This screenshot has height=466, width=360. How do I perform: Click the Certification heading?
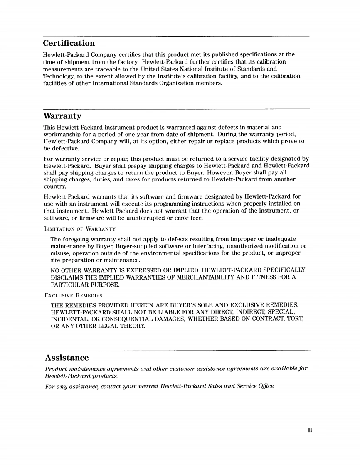[x=69, y=43]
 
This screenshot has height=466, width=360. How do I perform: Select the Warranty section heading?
[x=62, y=116]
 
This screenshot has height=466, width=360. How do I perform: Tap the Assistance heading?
[x=67, y=358]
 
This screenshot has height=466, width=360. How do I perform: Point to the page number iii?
[x=309, y=430]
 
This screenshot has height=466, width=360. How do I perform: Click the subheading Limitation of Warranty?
[x=80, y=229]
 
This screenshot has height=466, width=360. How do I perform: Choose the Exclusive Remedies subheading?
[x=73, y=295]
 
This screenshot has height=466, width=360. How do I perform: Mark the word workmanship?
[x=63, y=135]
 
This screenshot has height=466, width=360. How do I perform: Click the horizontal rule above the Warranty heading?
[x=177, y=109]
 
